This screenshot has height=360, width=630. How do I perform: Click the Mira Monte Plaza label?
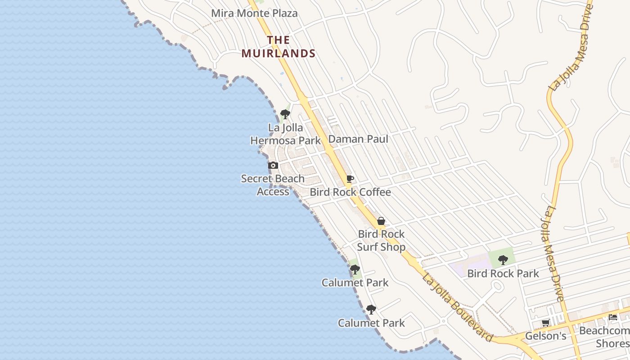click(254, 13)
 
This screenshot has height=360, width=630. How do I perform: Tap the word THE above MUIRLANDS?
click(279, 40)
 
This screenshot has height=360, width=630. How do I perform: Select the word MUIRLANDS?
click(279, 54)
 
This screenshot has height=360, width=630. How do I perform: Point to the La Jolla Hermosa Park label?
click(285, 134)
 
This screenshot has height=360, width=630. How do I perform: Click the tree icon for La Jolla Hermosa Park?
click(285, 114)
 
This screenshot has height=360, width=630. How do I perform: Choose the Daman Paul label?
click(358, 139)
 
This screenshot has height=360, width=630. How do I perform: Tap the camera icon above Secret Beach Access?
click(273, 166)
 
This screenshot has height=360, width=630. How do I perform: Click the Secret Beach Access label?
click(273, 185)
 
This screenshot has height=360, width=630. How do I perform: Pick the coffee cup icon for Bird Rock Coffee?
click(350, 179)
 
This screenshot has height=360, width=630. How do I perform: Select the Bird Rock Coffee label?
click(350, 193)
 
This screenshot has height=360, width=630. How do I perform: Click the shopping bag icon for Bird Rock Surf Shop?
click(381, 221)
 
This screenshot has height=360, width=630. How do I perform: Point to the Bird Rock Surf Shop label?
click(381, 241)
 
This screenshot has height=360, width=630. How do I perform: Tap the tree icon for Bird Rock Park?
click(503, 260)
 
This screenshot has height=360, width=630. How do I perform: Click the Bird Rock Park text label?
click(503, 273)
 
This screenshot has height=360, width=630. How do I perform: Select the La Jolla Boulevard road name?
click(457, 306)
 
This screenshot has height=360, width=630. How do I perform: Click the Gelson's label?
click(545, 336)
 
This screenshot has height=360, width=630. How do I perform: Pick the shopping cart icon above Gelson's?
click(545, 323)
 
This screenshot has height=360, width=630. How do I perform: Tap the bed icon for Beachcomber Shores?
click(612, 317)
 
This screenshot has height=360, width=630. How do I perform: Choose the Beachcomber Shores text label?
click(604, 337)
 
